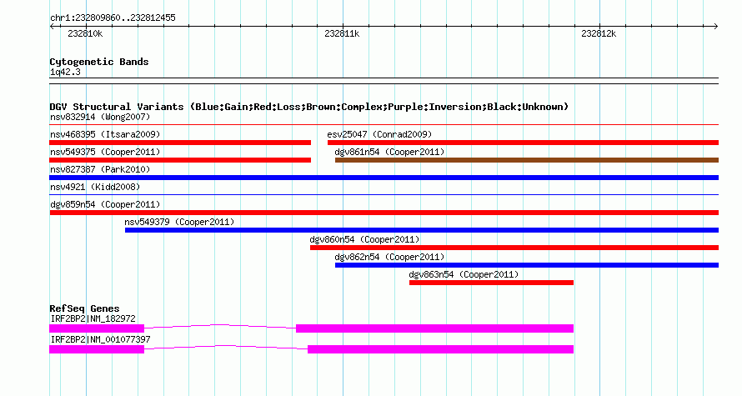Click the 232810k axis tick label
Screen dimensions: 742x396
click(85, 33)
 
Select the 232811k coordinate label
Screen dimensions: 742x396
click(342, 33)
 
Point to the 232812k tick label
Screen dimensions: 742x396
click(599, 33)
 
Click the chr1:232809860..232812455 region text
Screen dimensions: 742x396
click(113, 18)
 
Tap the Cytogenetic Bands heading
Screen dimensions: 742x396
click(99, 62)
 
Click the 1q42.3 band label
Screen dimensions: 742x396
click(65, 73)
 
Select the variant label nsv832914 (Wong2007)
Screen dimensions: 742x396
click(100, 117)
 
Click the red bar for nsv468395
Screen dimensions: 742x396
click(180, 143)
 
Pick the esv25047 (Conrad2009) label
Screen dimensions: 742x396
click(379, 134)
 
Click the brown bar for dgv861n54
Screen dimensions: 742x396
click(527, 160)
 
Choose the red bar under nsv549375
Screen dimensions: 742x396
click(180, 160)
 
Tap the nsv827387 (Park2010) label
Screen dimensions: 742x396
click(100, 169)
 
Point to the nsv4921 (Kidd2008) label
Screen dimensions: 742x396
click(95, 187)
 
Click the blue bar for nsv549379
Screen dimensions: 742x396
click(422, 230)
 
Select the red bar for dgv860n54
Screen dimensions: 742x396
click(514, 248)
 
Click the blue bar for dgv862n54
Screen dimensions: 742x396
click(527, 265)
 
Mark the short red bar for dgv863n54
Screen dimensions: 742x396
click(491, 283)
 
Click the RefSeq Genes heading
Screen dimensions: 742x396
click(84, 309)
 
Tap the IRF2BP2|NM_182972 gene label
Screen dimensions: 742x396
click(93, 318)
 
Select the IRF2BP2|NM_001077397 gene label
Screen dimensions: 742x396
click(100, 339)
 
